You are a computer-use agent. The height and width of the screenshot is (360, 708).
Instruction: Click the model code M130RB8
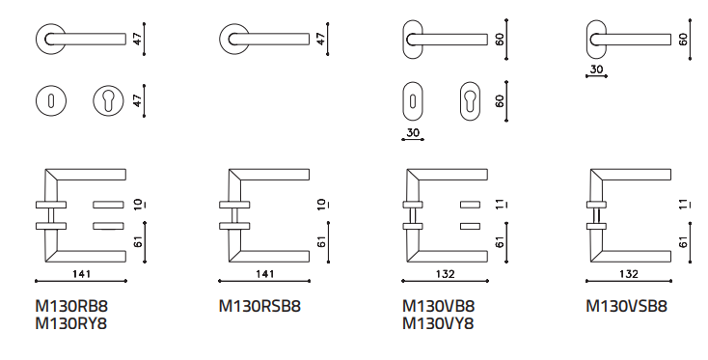[71, 306]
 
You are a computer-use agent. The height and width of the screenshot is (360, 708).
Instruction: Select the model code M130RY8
[71, 324]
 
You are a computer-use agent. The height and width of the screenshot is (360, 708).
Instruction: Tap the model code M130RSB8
[259, 306]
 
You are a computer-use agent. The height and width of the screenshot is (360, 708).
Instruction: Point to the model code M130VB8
[439, 306]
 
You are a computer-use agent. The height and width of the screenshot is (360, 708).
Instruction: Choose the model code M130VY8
[438, 324]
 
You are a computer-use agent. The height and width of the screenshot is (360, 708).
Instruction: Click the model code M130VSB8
[626, 306]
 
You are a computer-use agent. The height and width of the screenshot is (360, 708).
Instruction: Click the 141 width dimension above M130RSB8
[264, 274]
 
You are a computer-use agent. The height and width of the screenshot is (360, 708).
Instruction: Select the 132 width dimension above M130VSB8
[629, 274]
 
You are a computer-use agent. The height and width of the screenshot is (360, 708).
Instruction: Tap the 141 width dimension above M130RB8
[81, 274]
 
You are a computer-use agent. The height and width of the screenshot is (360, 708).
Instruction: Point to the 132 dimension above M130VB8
[446, 274]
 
